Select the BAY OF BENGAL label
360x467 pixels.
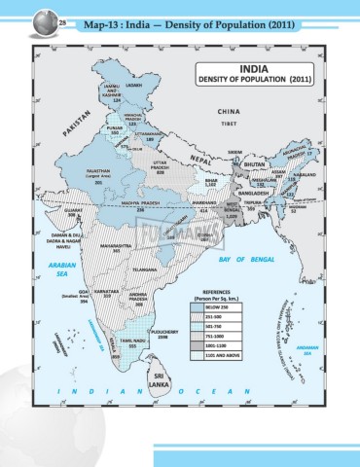tap(243, 234)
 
